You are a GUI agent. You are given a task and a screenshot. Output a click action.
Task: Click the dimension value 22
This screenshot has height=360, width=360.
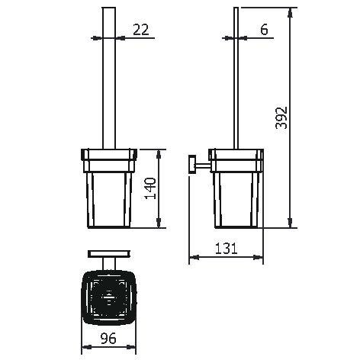(x=141, y=30)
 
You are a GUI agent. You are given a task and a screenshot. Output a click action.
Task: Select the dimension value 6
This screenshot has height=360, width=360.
(x=264, y=30)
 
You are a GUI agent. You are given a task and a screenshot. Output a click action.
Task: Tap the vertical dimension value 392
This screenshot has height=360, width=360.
(x=281, y=117)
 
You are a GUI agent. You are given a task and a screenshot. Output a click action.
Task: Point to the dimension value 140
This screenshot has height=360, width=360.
(x=150, y=188)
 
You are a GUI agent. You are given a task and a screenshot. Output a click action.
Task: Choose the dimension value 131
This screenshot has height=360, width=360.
(x=226, y=249)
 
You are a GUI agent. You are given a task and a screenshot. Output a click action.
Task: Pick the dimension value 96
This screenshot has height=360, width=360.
(x=108, y=338)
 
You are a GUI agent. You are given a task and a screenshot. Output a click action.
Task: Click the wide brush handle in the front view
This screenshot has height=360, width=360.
(x=109, y=78)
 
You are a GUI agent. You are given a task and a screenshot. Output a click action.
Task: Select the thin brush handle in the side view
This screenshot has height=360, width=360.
(x=236, y=78)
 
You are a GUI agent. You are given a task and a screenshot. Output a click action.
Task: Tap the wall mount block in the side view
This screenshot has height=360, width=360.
(x=192, y=164)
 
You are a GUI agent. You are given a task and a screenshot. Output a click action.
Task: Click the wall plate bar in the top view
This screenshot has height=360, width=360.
(x=109, y=254)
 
